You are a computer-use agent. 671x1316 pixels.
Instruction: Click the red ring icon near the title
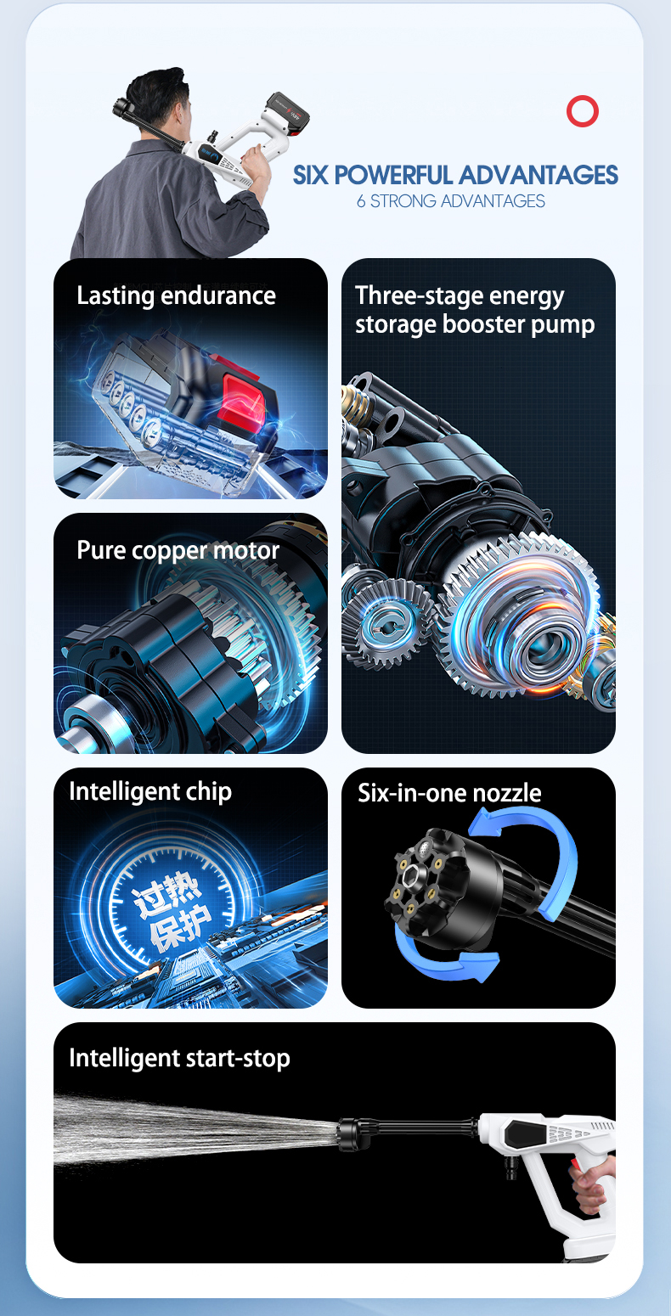click(583, 111)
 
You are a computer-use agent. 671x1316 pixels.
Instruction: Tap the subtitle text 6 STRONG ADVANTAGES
click(451, 201)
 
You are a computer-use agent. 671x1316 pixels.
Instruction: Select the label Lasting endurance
click(176, 295)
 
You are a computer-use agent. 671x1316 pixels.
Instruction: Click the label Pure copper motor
click(178, 550)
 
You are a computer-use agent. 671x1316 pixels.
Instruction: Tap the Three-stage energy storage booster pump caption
click(475, 310)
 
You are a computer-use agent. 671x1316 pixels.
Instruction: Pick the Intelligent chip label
click(150, 791)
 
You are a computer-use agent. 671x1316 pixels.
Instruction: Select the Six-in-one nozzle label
click(449, 793)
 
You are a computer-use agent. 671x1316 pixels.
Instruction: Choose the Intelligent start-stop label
click(179, 1058)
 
